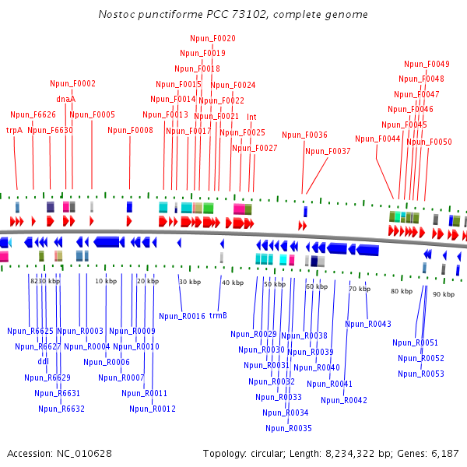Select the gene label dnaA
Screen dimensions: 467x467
65,99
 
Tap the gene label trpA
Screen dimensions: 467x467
14,130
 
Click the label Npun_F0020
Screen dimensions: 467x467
212,38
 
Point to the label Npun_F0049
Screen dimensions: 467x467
427,64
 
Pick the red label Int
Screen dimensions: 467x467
251,117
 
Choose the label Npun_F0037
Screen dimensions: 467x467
328,151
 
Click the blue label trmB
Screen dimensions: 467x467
218,315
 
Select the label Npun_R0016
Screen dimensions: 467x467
182,316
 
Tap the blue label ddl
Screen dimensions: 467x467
43,361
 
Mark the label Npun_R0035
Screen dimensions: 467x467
288,428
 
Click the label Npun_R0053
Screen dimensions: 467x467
421,374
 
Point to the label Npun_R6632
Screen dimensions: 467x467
61,408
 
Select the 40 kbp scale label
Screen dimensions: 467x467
233,283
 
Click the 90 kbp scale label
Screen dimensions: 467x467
444,294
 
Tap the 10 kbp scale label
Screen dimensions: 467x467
106,280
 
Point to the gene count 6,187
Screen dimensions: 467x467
444,453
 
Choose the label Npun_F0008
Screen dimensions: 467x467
130,130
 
